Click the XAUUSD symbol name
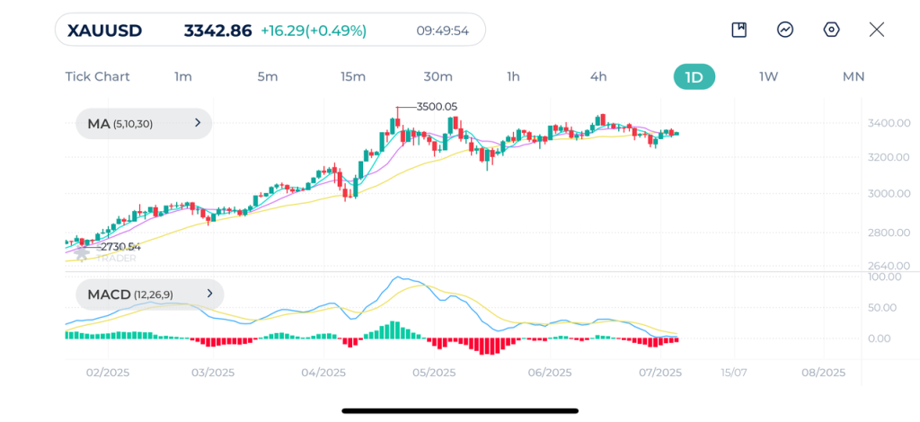104,30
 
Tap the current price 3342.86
217,30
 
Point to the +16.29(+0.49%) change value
314,31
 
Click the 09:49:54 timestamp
442,31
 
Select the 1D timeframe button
694,76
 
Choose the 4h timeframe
598,76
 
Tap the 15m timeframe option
353,76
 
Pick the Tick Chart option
97,76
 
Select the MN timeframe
853,76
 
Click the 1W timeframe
768,76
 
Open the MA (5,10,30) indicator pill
144,124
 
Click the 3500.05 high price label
438,107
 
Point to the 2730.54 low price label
119,247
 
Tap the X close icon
877,30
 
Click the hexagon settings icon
831,30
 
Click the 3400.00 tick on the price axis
889,122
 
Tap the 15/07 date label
733,373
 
